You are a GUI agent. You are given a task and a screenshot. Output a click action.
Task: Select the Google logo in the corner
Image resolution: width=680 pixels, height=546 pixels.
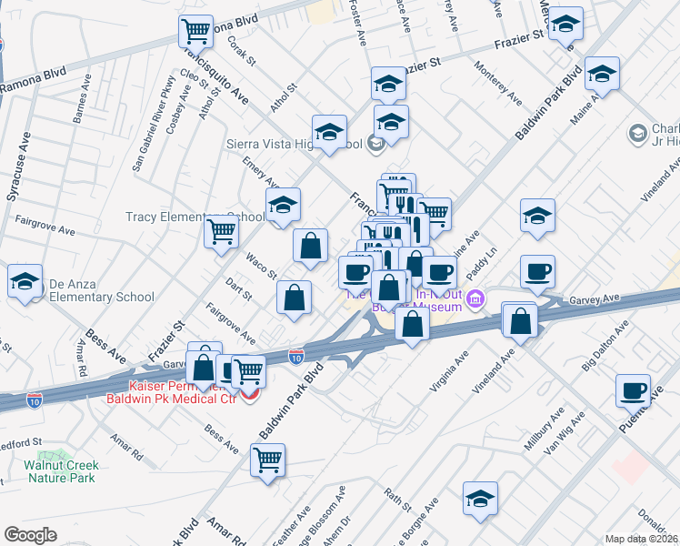point(30,534)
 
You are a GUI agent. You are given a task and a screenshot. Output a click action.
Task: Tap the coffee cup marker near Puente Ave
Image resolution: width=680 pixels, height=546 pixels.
point(633,390)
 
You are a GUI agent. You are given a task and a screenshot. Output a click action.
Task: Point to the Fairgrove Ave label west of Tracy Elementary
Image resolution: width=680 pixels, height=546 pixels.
point(45,226)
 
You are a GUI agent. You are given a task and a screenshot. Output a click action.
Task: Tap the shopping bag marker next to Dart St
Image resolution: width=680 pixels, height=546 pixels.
point(295,298)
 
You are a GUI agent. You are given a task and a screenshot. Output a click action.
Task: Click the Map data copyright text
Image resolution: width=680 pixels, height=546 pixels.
point(642,539)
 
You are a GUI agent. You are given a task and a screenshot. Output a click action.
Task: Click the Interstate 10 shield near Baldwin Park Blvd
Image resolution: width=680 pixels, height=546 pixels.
point(296,357)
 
